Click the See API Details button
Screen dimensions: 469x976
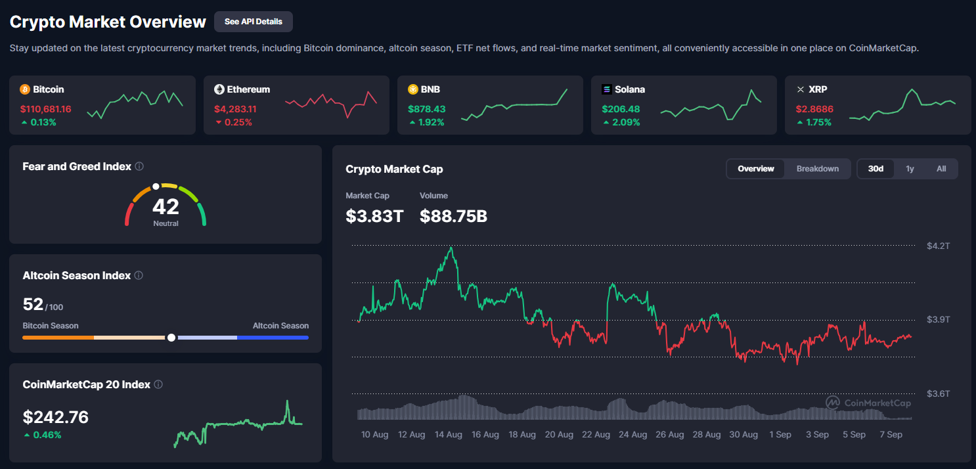[253, 22]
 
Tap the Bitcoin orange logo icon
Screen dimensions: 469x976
[25, 89]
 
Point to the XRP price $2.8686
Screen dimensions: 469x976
[814, 109]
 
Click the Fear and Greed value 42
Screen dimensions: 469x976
[166, 207]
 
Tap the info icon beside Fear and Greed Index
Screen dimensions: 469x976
[139, 167]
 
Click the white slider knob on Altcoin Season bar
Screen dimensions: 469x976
[171, 338]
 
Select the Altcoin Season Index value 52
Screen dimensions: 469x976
[33, 305]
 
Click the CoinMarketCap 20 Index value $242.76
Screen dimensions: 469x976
[56, 417]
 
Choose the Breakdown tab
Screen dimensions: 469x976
[818, 169]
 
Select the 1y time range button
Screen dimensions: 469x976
[910, 169]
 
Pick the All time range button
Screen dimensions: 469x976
[941, 169]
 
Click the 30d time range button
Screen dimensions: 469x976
[876, 169]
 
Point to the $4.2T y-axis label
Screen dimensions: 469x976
[938, 246]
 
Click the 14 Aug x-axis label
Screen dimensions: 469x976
[449, 435]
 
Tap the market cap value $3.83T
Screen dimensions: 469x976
[374, 216]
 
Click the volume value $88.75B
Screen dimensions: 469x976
[453, 216]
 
